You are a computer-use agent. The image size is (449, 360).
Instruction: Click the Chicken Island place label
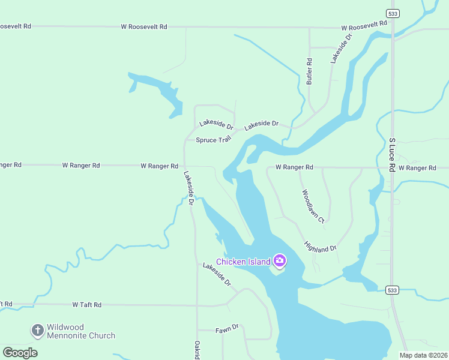click(x=243, y=262)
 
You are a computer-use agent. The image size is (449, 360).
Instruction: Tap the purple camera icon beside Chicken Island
click(x=279, y=260)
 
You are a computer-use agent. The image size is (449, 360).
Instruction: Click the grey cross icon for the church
click(x=38, y=330)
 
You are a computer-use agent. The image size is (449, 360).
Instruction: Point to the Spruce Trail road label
click(x=213, y=140)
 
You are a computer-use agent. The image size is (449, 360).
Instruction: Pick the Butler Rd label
click(x=310, y=71)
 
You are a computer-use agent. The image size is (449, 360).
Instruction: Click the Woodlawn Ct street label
click(x=313, y=206)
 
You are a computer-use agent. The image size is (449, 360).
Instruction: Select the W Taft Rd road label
click(x=87, y=305)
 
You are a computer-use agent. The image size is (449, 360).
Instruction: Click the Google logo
click(x=20, y=353)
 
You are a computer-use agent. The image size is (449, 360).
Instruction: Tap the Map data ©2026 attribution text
click(x=423, y=355)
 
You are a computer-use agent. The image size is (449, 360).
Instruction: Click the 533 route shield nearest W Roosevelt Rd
click(x=392, y=13)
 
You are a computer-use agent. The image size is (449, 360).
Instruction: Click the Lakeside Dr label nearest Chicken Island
click(x=217, y=274)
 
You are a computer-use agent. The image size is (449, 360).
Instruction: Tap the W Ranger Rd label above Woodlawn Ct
click(x=294, y=167)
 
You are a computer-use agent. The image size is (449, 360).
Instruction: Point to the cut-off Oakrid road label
click(x=197, y=350)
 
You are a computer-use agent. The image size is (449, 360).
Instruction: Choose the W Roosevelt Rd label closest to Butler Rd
click(x=364, y=26)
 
